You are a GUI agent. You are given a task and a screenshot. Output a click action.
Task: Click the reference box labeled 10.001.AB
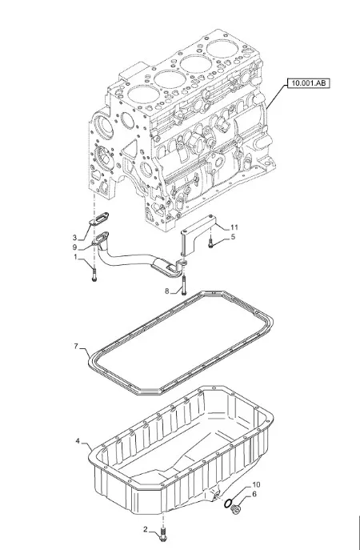point(309,83)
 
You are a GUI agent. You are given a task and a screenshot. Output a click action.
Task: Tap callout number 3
point(74,238)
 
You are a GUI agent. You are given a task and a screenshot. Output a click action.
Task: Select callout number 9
point(74,247)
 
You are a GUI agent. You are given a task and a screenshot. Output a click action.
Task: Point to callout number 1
point(75,257)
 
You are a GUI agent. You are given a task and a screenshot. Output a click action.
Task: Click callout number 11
point(234,227)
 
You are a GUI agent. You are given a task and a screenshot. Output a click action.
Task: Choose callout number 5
point(233,237)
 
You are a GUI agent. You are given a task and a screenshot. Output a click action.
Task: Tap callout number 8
point(167,291)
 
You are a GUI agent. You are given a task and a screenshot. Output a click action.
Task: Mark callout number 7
point(76,346)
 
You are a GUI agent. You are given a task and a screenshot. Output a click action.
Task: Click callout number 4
point(78,440)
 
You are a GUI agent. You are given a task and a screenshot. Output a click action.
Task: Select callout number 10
point(256,485)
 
